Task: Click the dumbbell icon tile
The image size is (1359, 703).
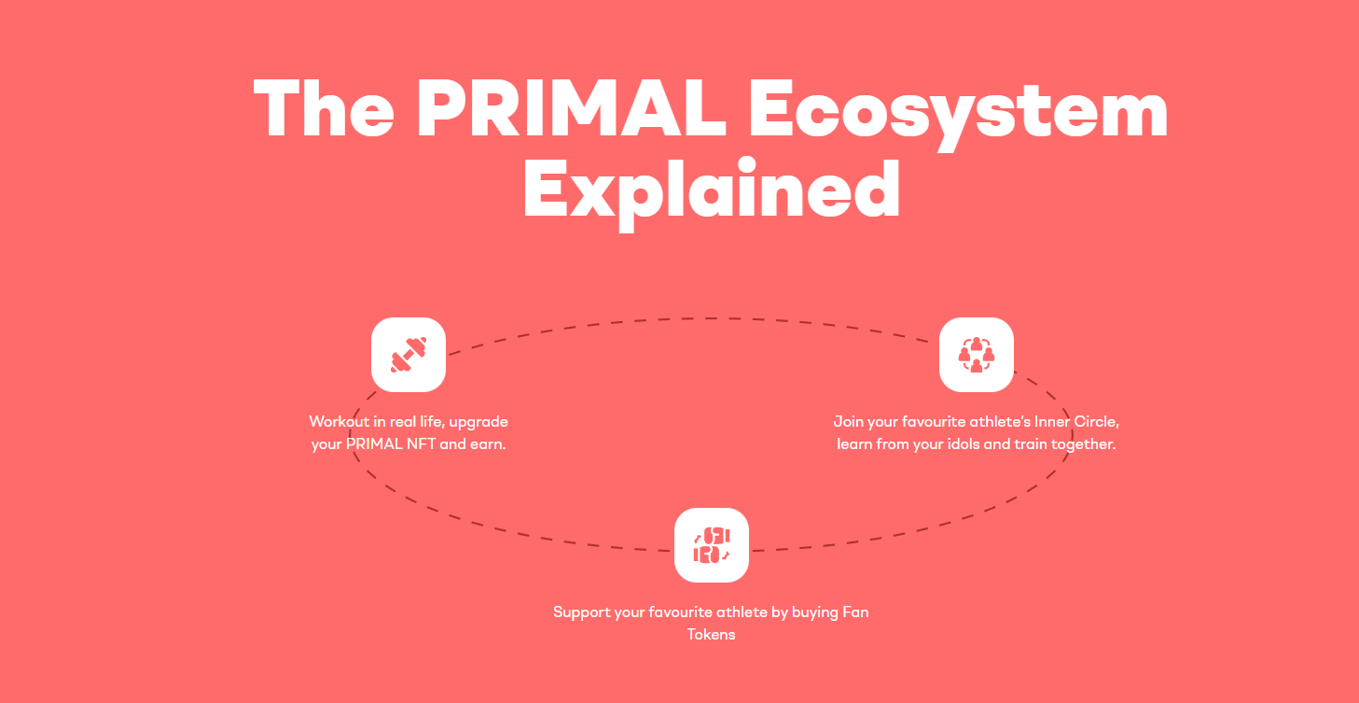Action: click(x=409, y=355)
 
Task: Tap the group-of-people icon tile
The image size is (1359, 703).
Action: click(x=977, y=355)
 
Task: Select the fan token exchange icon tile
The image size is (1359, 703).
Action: click(x=712, y=545)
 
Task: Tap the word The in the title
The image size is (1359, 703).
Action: click(x=324, y=108)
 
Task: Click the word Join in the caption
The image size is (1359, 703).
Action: click(x=848, y=422)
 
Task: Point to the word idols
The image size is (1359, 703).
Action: click(x=963, y=443)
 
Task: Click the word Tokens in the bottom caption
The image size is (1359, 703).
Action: click(x=711, y=635)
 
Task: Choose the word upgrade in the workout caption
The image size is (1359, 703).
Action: click(x=478, y=423)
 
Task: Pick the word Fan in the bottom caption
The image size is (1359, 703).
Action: click(x=855, y=612)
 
